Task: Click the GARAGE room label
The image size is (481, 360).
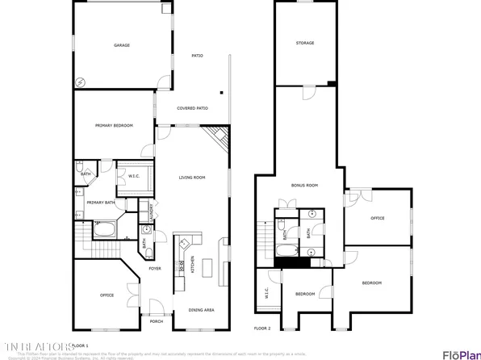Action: pyautogui.click(x=122, y=46)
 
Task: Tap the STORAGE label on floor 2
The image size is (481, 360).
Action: pyautogui.click(x=304, y=43)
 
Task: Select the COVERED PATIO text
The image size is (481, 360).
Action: pyautogui.click(x=192, y=108)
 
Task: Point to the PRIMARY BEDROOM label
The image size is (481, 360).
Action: pyautogui.click(x=114, y=125)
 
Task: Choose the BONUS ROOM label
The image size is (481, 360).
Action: pyautogui.click(x=304, y=185)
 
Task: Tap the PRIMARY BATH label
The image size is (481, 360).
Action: pyautogui.click(x=100, y=203)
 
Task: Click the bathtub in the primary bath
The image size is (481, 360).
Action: pyautogui.click(x=104, y=229)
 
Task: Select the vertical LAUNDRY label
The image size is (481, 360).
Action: pyautogui.click(x=153, y=212)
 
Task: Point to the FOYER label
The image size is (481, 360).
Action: pyautogui.click(x=154, y=269)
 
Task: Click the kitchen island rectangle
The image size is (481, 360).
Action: pyautogui.click(x=204, y=267)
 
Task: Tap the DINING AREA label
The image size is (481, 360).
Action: pyautogui.click(x=201, y=310)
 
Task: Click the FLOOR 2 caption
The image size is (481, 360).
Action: pyautogui.click(x=262, y=329)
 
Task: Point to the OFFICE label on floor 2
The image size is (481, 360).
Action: pyautogui.click(x=377, y=218)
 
